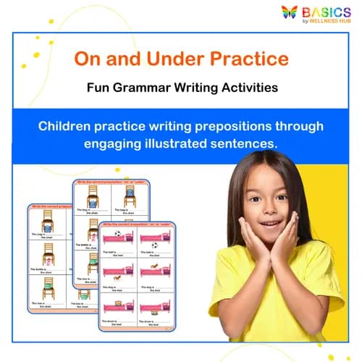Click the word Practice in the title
click(x=253, y=58)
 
